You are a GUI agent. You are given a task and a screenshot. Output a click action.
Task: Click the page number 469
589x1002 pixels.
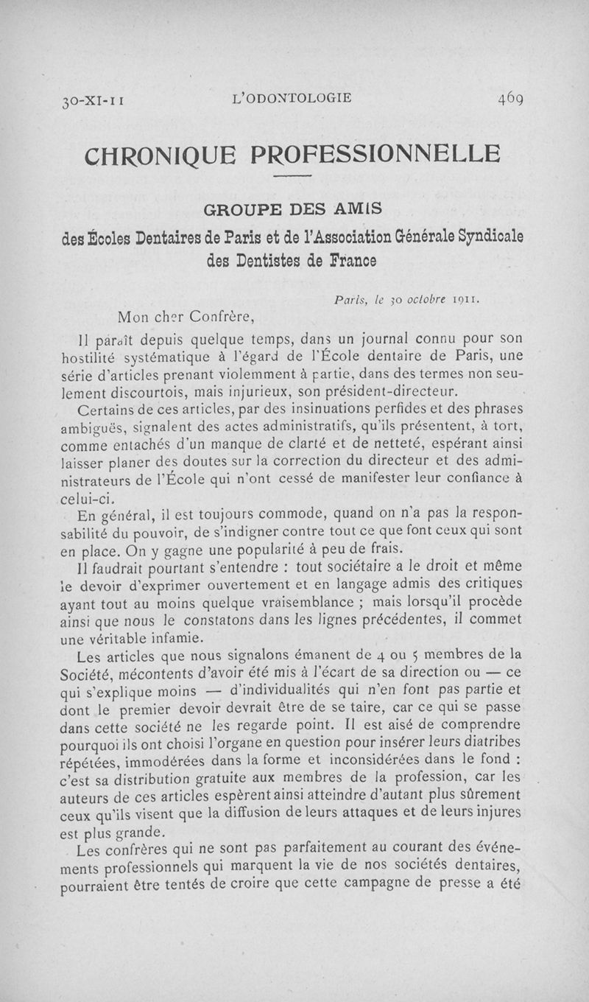coord(509,97)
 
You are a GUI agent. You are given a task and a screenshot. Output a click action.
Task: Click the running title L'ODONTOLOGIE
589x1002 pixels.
coord(292,97)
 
